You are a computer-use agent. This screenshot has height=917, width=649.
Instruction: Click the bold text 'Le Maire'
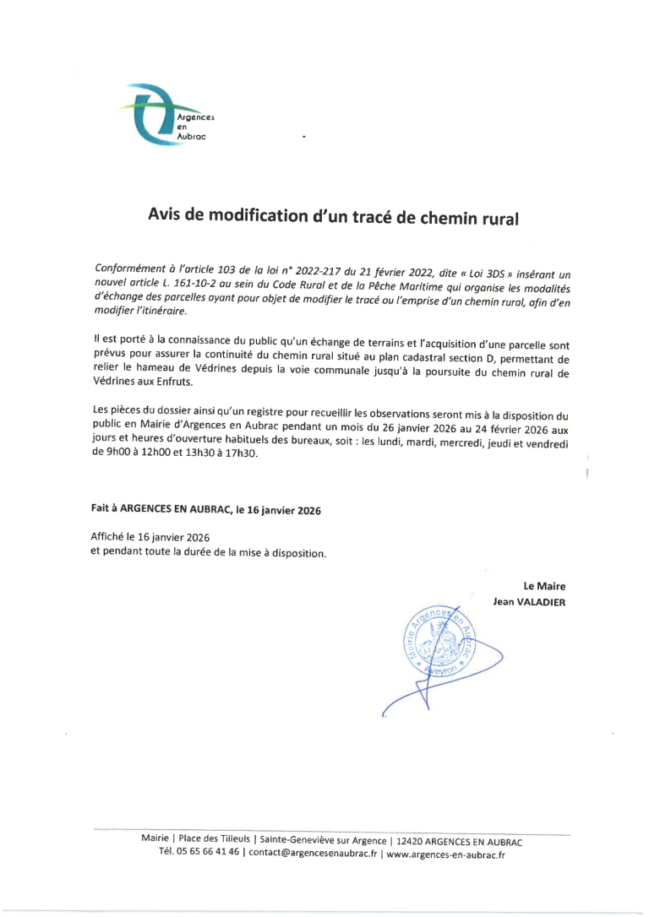coord(544,586)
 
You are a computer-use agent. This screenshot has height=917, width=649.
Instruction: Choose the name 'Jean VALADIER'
coord(529,602)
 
